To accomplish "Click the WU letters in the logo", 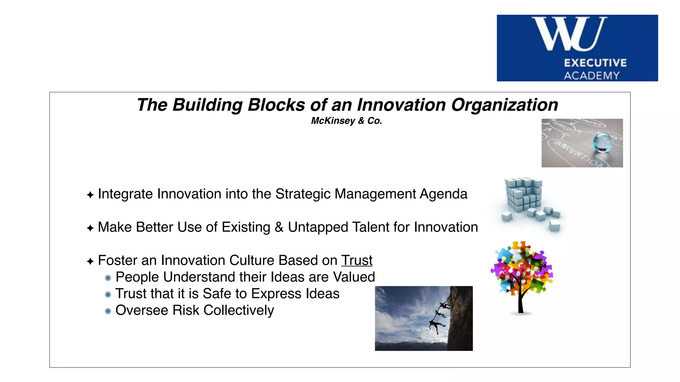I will coord(569,34).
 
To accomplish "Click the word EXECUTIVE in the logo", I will coord(595,63).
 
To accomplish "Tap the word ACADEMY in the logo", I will coord(592,76).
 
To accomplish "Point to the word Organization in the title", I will coord(504,105).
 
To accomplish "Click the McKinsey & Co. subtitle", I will coord(346,121).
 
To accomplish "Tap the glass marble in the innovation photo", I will coord(602,142).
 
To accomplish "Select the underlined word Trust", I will coord(357,260).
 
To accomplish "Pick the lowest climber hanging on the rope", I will coord(435,324).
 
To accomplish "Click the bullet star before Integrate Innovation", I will coord(90,195).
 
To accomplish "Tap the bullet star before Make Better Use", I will coord(90,228).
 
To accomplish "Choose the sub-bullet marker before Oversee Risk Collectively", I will coord(108,311).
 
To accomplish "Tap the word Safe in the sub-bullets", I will coord(214,294).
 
